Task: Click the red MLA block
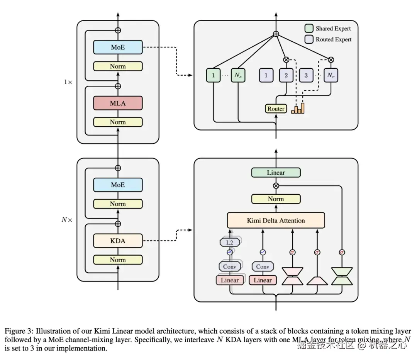[x=118, y=103]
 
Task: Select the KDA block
[x=118, y=241]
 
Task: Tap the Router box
[x=276, y=109]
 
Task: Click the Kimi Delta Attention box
[x=276, y=221]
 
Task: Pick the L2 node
[x=229, y=242]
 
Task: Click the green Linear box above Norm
[x=276, y=173]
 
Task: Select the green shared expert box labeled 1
[x=213, y=75]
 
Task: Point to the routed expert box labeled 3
[x=306, y=75]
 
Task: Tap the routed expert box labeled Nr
[x=331, y=75]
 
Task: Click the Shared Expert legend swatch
[x=309, y=28]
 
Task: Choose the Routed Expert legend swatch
[x=309, y=39]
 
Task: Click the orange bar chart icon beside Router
[x=298, y=109]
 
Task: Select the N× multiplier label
[x=67, y=220]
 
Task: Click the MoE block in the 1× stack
[x=118, y=48]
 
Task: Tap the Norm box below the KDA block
[x=118, y=260]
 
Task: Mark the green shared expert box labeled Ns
[x=237, y=75]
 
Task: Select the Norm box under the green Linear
[x=276, y=199]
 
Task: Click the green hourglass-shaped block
[x=342, y=276]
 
